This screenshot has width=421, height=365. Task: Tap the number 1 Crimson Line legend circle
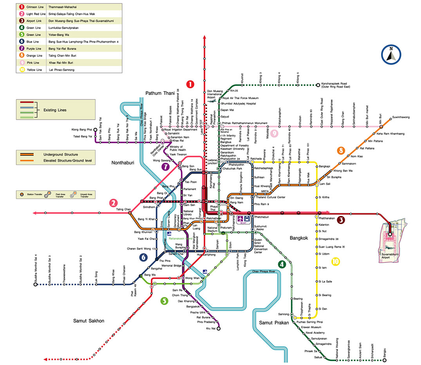(x=21, y=7)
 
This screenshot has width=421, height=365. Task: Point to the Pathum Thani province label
(x=162, y=93)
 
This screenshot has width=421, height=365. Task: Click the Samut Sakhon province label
(x=89, y=321)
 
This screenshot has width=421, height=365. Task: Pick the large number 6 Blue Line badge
(x=144, y=257)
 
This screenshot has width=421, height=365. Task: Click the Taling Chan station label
(x=123, y=209)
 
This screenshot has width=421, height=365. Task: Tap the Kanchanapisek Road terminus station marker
(x=318, y=85)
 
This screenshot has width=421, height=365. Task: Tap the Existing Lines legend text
(x=55, y=110)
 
